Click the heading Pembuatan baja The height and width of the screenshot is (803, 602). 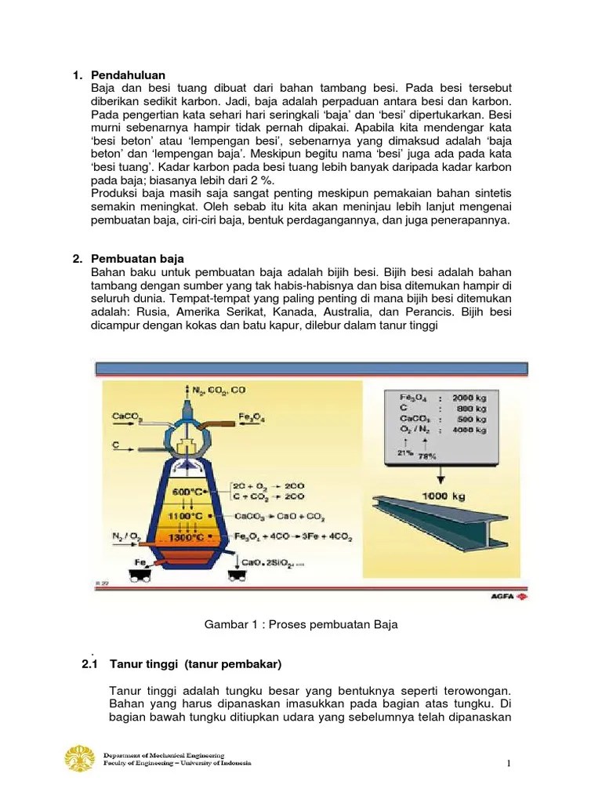point(140,258)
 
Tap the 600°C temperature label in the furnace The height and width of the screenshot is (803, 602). point(190,492)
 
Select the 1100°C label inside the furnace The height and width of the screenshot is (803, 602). point(190,518)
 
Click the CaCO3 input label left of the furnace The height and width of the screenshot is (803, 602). point(127,417)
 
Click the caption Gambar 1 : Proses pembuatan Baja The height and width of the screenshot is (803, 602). point(301,624)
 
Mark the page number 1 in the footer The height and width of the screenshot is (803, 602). point(508,764)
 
